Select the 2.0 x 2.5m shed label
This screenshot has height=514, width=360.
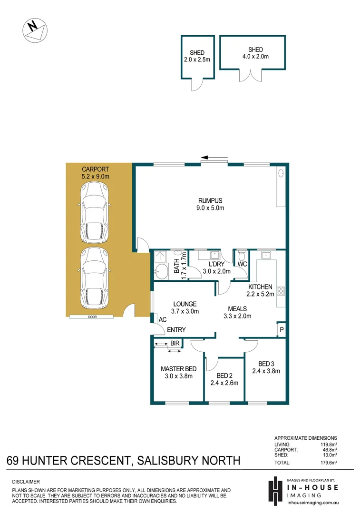(197, 56)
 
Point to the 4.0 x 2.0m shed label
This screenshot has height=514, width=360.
(255, 53)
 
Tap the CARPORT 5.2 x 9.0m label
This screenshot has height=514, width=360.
(96, 172)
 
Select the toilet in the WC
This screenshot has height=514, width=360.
(242, 255)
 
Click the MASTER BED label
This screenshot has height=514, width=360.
(178, 372)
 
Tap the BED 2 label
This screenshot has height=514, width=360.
(224, 379)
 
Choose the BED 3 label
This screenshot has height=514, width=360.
(266, 367)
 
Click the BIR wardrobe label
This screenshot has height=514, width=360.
(175, 343)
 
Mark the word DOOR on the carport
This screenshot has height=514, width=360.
(91, 316)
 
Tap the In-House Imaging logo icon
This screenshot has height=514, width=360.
(275, 490)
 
